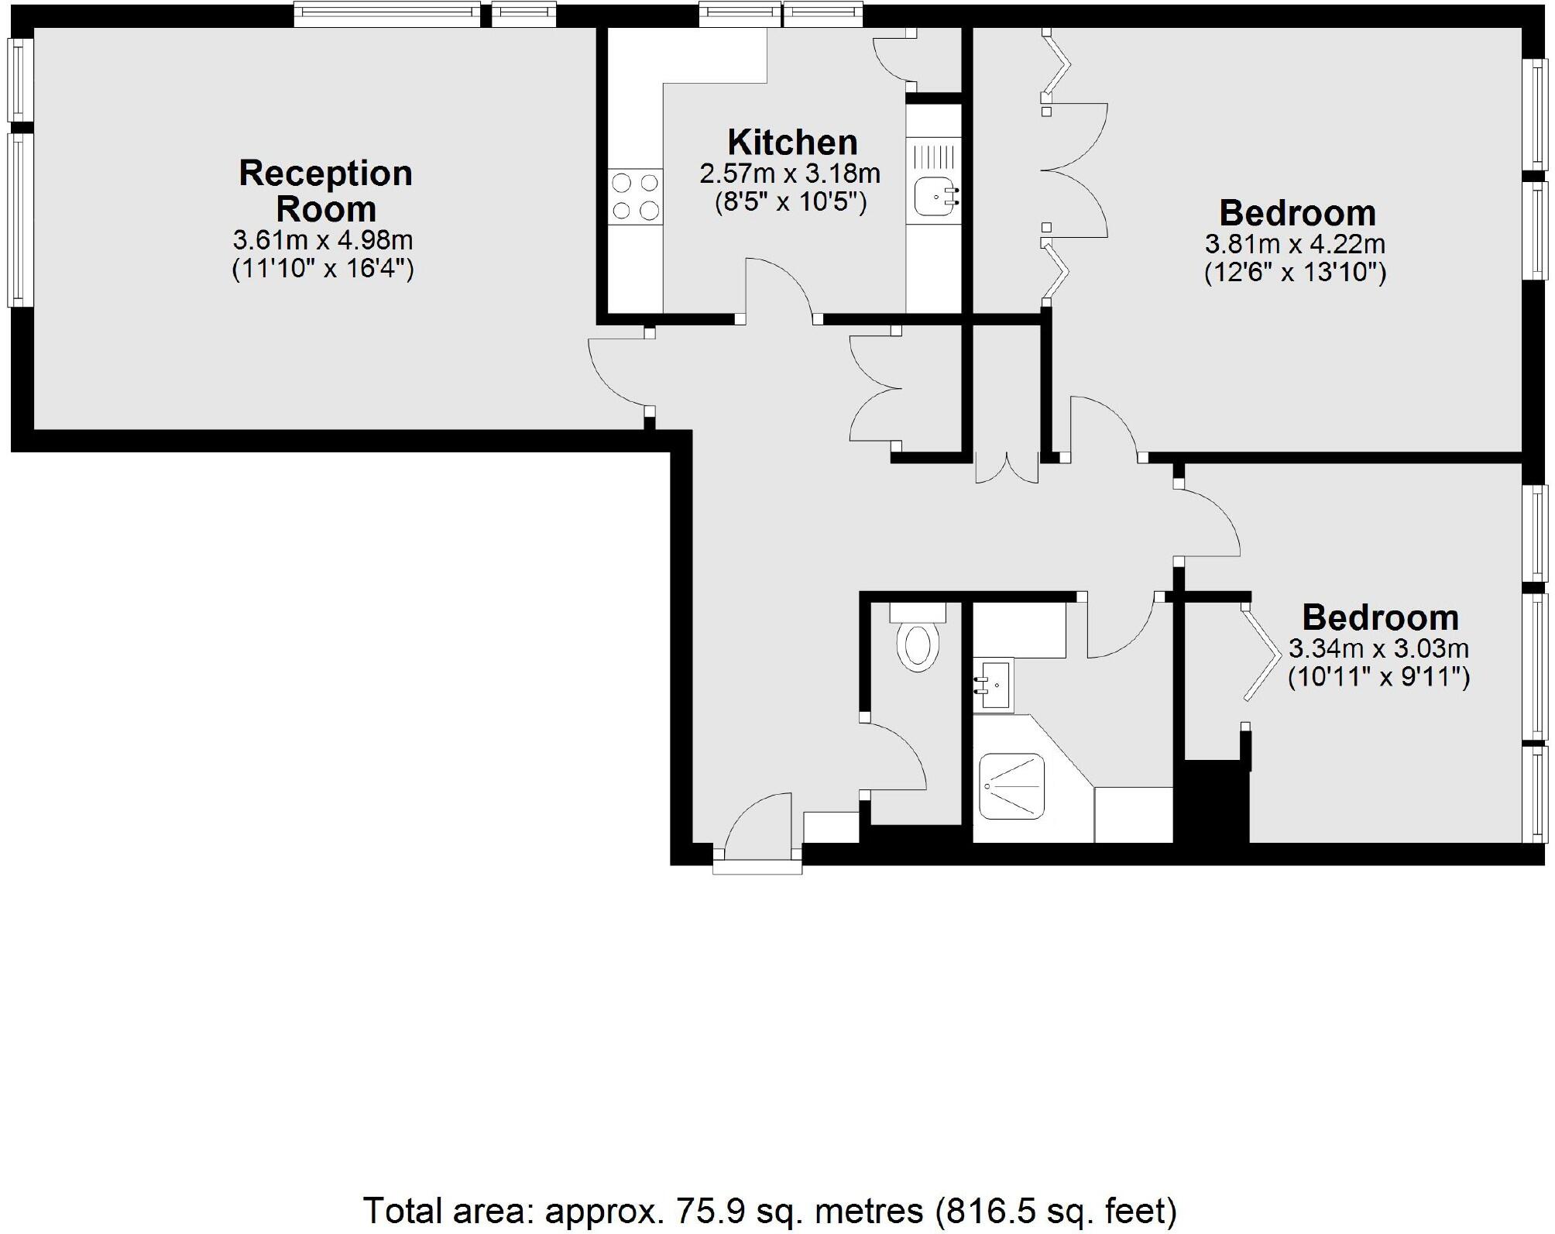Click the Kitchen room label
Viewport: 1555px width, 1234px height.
click(x=792, y=143)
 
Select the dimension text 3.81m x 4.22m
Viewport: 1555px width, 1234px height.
click(x=1295, y=245)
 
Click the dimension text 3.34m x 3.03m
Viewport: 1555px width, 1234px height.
click(x=1378, y=648)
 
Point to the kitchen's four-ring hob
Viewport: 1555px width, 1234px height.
click(x=635, y=197)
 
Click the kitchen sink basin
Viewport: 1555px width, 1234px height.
click(x=934, y=197)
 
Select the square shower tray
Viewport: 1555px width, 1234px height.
click(x=1011, y=786)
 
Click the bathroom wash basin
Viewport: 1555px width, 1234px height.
click(x=994, y=685)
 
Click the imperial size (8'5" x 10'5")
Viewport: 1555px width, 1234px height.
click(x=791, y=203)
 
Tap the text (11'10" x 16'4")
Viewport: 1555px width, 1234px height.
click(x=323, y=269)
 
